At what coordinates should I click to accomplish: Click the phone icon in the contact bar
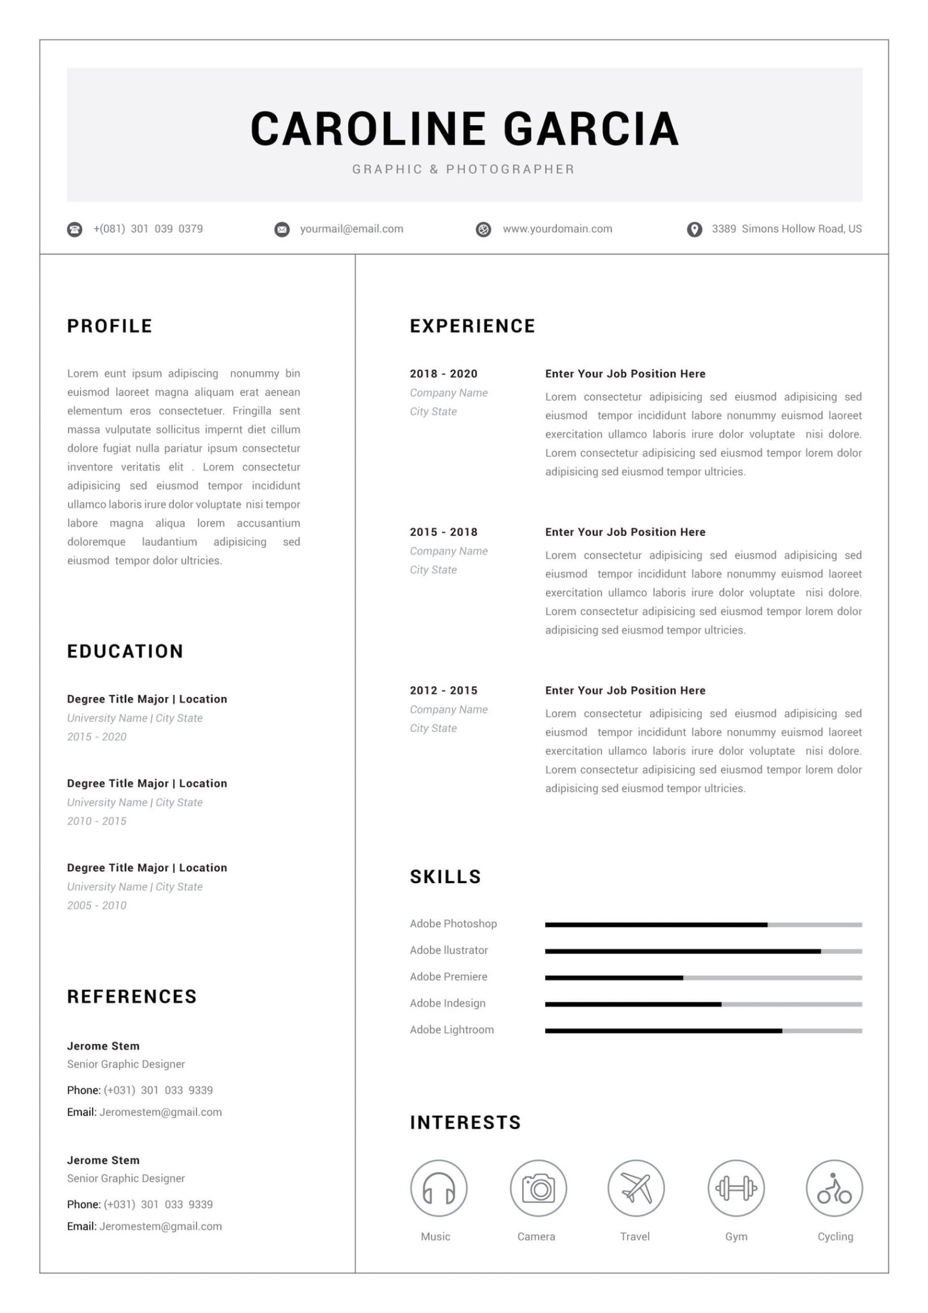74,230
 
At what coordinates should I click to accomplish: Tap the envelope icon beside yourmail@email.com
281,230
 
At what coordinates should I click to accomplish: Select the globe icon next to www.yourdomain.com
483,230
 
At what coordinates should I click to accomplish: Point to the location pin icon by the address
694,230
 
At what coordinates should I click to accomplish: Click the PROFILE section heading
109,326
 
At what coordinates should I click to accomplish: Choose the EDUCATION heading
125,651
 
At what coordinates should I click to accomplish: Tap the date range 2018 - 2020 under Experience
443,374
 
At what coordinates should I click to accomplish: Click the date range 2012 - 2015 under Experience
443,690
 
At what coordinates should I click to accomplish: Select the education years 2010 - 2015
96,821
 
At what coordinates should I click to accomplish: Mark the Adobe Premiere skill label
448,977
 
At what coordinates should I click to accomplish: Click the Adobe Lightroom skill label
451,1030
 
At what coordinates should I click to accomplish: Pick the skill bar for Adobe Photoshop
703,925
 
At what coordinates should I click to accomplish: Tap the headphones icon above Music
438,1188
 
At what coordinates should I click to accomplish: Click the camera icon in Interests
538,1188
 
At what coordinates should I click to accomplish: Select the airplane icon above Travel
636,1188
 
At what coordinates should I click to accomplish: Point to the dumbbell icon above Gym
736,1188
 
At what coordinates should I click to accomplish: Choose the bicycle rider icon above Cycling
834,1188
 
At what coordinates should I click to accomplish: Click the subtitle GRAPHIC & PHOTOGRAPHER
463,169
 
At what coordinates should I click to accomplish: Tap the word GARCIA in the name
590,129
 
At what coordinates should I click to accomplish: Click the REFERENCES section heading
132,997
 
